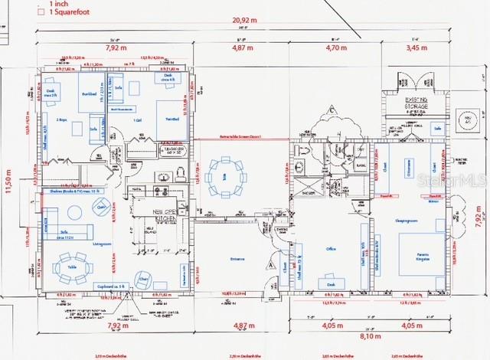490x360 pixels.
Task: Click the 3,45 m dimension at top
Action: tap(416, 48)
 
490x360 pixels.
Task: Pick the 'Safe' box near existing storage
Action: tap(437, 129)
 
